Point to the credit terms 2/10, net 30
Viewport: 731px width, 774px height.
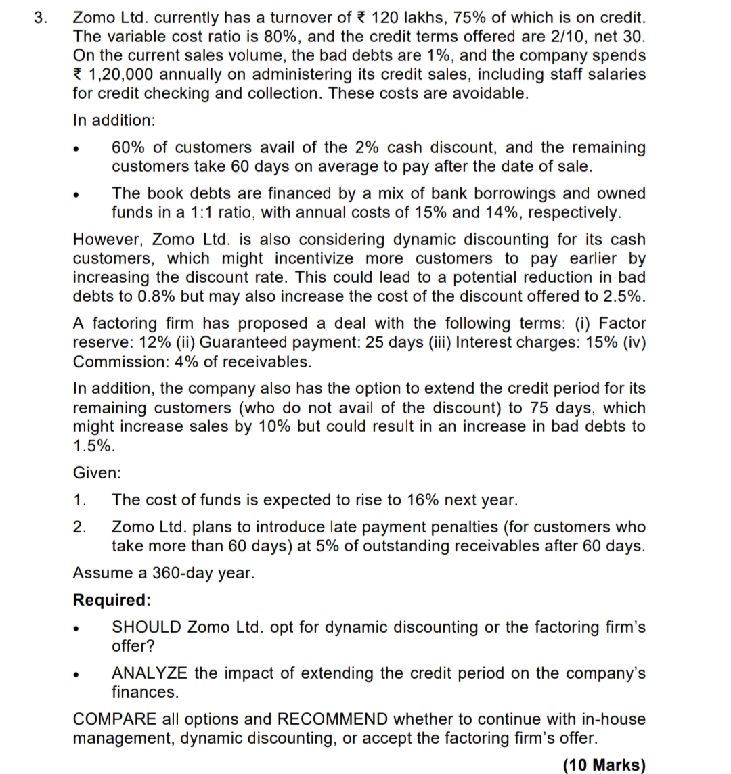pos(586,36)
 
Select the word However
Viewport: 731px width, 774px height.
pos(108,240)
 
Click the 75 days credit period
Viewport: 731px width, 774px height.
pos(548,408)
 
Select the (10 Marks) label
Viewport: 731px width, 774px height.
pos(604,765)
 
